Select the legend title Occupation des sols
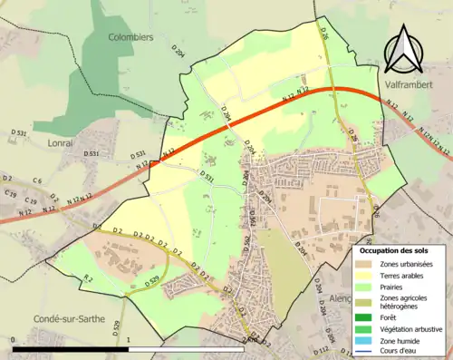tap(400, 249)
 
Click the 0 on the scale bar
tap(14, 339)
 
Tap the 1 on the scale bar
tap(130, 339)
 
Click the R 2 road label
tap(87, 277)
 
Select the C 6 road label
tap(38, 181)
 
